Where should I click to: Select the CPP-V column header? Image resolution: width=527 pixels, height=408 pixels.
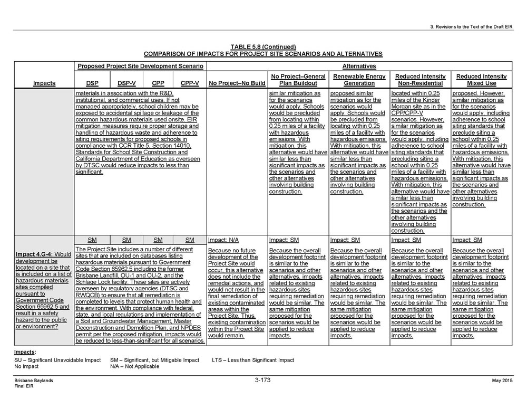coord(190,83)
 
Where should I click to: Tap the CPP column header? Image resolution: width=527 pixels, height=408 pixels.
coord(158,83)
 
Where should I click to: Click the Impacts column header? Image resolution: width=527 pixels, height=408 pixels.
coord(44,83)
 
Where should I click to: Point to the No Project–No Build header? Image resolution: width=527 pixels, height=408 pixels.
coord(237,83)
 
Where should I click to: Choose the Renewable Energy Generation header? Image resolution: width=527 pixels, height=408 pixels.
coord(359,80)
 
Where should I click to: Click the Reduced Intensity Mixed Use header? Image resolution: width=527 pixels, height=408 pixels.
coord(481,80)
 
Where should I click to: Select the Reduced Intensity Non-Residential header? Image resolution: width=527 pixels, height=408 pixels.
coord(420,80)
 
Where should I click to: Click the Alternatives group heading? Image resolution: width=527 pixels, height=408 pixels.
coord(359,67)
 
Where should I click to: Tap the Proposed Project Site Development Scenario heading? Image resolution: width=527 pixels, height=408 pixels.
coord(140,67)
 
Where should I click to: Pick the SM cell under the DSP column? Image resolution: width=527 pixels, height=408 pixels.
coord(92,240)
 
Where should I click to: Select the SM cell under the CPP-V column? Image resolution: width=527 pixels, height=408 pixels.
coord(190,240)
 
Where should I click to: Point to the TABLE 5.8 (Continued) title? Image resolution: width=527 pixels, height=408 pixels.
coord(263,47)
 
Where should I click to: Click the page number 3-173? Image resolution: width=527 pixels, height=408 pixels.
coord(263,380)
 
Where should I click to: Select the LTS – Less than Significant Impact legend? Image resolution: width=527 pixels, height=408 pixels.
coord(253,360)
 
